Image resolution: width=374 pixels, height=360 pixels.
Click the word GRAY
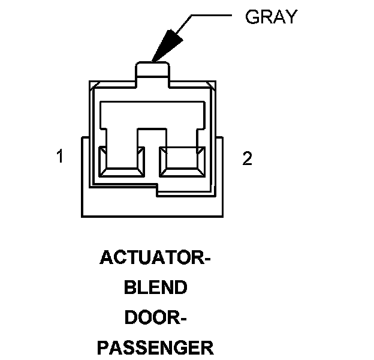pyautogui.click(x=271, y=17)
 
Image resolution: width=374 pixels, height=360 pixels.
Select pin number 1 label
pyautogui.click(x=59, y=157)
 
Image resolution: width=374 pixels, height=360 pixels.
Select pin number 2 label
pyautogui.click(x=247, y=158)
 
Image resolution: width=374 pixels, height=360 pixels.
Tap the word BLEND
pyautogui.click(x=155, y=288)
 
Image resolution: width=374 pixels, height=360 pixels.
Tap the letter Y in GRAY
pyautogui.click(x=291, y=17)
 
